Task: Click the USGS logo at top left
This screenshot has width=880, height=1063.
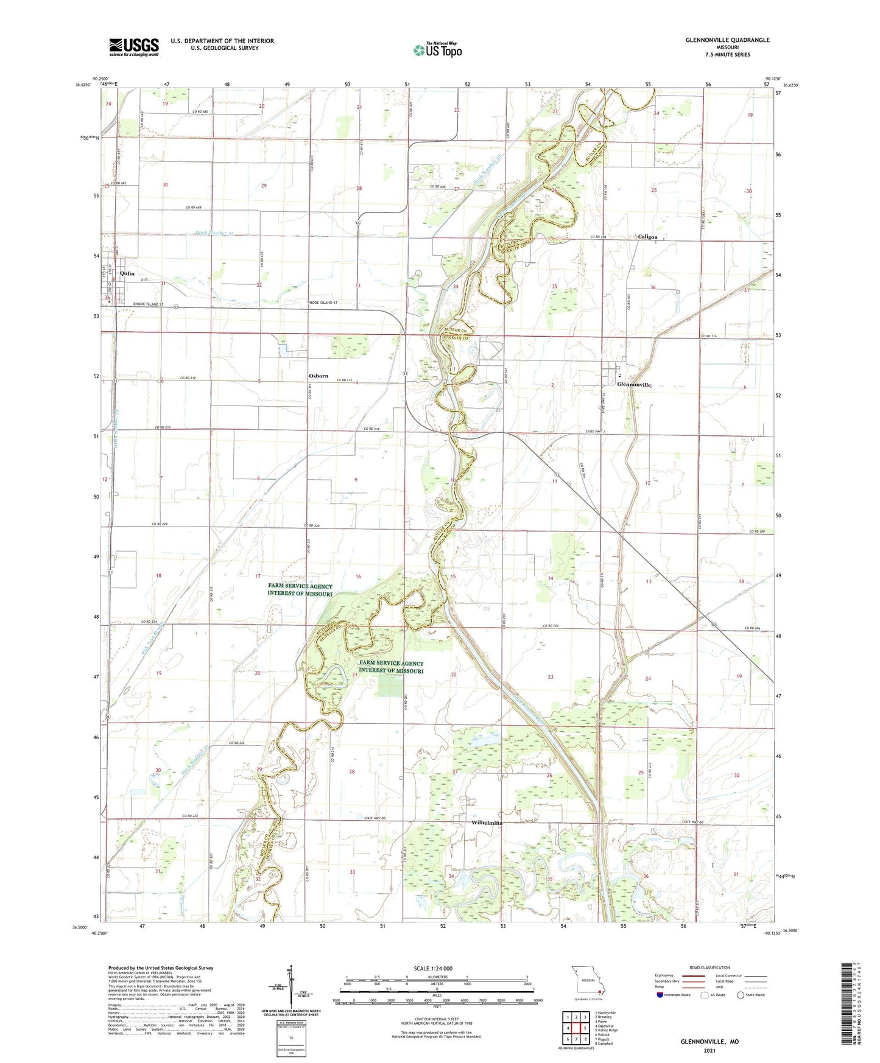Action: (133, 47)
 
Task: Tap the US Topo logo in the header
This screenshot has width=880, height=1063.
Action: (437, 51)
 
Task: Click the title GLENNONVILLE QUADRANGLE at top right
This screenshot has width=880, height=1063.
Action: (719, 40)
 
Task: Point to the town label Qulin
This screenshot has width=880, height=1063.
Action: (127, 274)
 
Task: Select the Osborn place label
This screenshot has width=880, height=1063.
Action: (318, 376)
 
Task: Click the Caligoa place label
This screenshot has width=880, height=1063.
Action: (647, 237)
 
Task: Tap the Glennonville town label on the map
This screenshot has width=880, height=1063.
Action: (634, 385)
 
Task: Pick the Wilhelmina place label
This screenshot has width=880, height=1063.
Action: (487, 823)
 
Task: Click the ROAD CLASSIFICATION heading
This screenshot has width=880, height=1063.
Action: (709, 967)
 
